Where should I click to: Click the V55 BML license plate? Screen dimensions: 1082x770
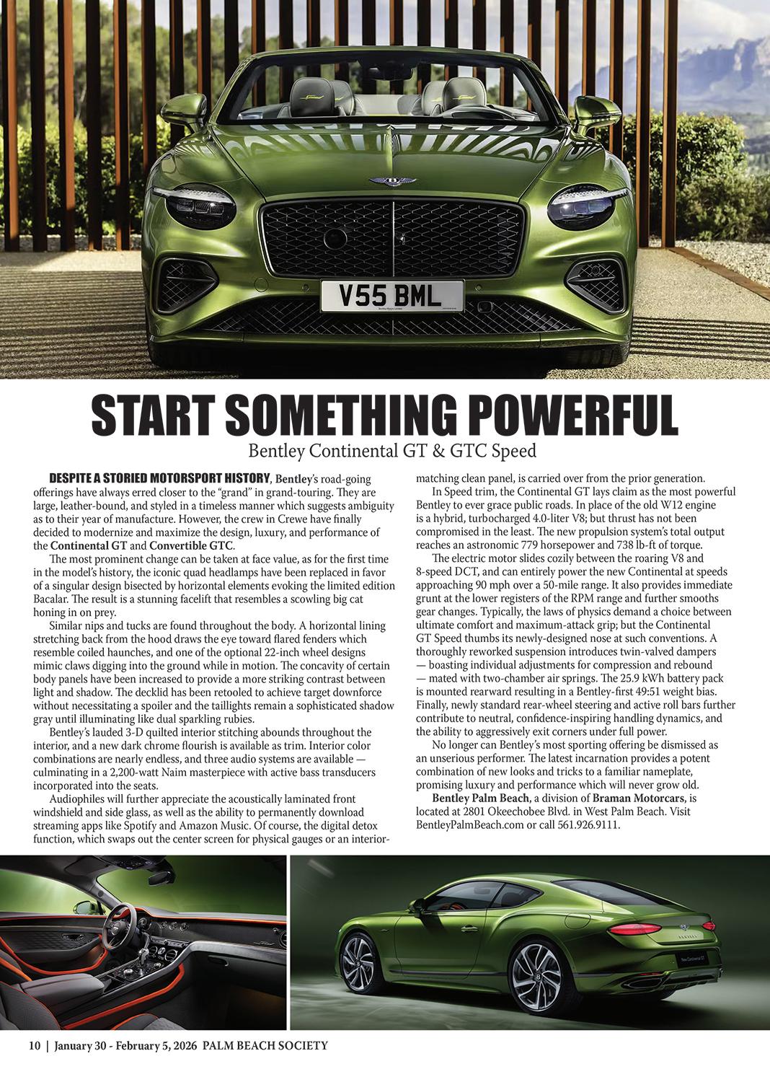click(x=392, y=294)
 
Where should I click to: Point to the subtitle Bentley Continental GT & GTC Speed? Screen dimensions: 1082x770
click(x=392, y=451)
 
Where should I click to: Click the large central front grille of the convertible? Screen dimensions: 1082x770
click(x=393, y=234)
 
